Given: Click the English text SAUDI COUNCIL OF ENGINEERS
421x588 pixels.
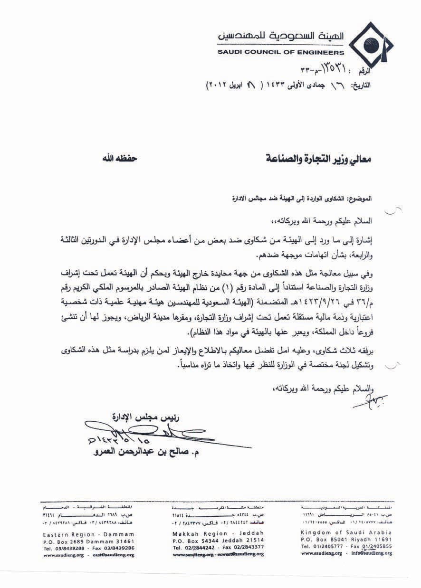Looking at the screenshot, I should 281,52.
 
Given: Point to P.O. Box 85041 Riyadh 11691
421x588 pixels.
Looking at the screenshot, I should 346,540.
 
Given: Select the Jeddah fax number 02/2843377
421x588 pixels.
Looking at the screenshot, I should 247,547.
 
